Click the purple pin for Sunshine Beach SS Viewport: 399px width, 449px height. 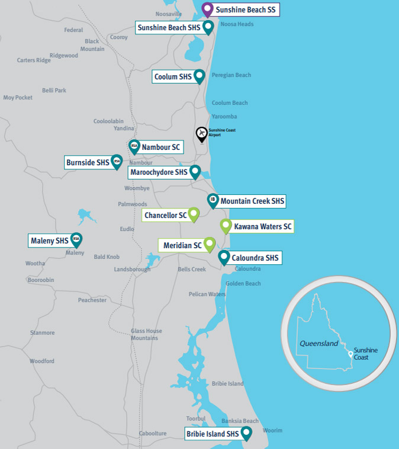click(207, 9)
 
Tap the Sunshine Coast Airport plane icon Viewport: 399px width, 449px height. click(202, 133)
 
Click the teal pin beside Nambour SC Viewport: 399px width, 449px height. click(134, 146)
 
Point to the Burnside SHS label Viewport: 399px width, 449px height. click(88, 162)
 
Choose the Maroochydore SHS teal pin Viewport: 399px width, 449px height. click(195, 171)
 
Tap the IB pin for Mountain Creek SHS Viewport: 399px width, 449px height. click(213, 200)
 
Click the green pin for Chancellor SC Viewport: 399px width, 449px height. click(194, 214)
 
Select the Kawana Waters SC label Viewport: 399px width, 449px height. click(263, 226)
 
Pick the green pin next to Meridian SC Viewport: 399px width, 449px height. click(209, 244)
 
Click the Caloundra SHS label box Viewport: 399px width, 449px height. click(255, 258)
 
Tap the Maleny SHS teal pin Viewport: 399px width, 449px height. click(76, 239)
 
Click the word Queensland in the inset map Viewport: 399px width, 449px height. click(318, 344)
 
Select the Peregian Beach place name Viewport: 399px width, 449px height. click(231, 75)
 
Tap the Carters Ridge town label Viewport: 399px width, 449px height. click(34, 60)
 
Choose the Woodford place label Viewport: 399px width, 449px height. click(42, 361)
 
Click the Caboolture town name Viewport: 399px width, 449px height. click(153, 434)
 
